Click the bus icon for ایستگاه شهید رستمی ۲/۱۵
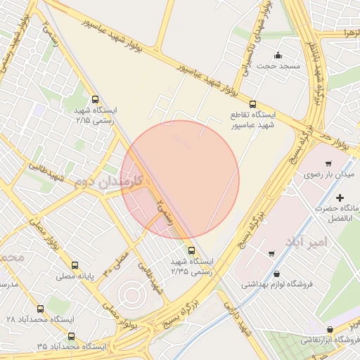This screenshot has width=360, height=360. tap(95, 100)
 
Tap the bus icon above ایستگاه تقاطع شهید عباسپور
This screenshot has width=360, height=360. tap(252, 101)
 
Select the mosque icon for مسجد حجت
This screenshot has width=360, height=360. tap(278, 56)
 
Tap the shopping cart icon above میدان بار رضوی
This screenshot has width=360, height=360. tap(328, 163)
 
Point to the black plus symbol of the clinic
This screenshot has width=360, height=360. tap(341, 198)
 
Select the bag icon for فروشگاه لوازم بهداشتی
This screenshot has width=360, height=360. tap(276, 274)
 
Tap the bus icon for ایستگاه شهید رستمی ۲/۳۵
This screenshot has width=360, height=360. tap(191, 250)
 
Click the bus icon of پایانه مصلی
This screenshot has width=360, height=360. tap(75, 266)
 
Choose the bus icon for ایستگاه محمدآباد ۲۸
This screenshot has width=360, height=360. tap(39, 308)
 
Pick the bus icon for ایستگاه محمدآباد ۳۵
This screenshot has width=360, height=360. tap(71, 336)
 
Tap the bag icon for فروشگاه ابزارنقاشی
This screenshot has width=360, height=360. tap(330, 329)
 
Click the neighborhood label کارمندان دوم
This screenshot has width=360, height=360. tap(108, 181)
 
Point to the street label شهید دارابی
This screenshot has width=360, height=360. tap(237, 319)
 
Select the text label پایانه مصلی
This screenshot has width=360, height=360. tap(75, 277)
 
